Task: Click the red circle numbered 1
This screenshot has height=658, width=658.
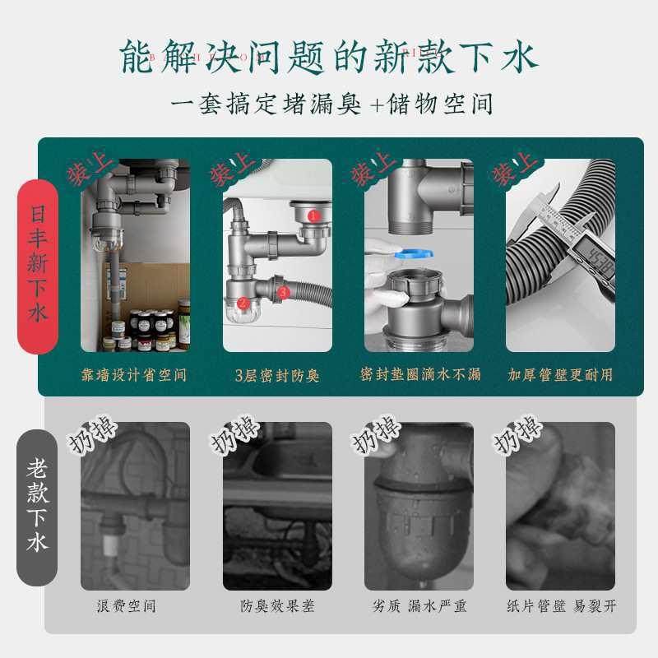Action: click(x=314, y=215)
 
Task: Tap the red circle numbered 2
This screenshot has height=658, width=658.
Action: click(x=243, y=304)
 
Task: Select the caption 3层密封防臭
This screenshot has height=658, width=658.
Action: click(x=277, y=375)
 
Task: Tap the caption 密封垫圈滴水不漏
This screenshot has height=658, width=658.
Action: click(x=419, y=375)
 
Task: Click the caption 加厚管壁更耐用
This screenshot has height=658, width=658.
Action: click(x=560, y=375)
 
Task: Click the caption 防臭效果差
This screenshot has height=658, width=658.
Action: click(x=277, y=607)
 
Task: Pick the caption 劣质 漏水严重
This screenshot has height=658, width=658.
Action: click(x=419, y=607)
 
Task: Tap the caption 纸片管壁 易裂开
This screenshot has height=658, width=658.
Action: click(x=561, y=607)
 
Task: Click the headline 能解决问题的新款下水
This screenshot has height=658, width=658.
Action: click(x=329, y=58)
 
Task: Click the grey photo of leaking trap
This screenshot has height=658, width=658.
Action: click(x=419, y=506)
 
